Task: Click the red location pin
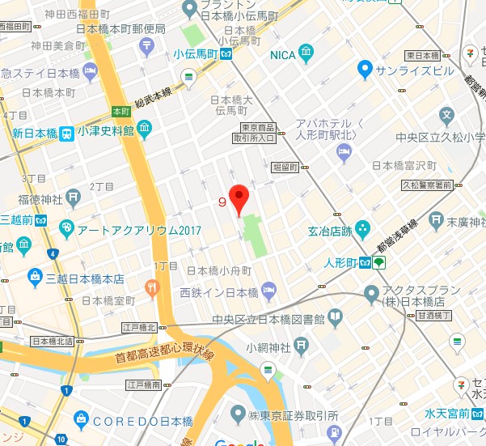click(238, 198)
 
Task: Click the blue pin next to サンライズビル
click(365, 70)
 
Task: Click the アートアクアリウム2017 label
click(130, 230)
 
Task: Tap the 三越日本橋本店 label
click(85, 278)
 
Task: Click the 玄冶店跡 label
click(325, 231)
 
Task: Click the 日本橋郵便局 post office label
click(126, 29)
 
